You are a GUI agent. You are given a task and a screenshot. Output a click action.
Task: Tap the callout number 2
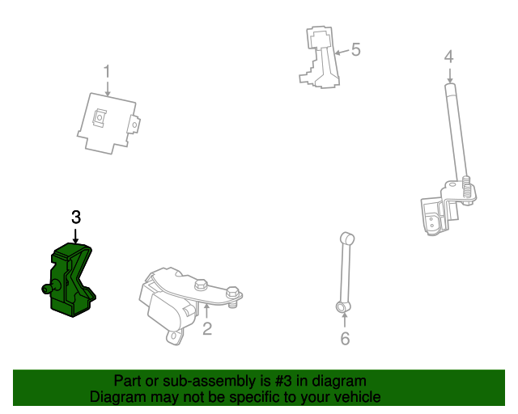pyautogui.click(x=207, y=329)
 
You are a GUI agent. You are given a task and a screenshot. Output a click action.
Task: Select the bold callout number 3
pyautogui.click(x=76, y=218)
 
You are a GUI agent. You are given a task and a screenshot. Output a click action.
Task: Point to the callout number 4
pyautogui.click(x=448, y=57)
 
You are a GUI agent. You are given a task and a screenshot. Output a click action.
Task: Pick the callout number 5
pyautogui.click(x=356, y=49)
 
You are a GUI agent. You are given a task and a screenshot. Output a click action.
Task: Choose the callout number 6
pyautogui.click(x=346, y=339)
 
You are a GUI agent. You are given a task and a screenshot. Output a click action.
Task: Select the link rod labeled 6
pyautogui.click(x=346, y=272)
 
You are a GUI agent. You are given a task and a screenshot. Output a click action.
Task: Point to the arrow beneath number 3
pyautogui.click(x=76, y=235)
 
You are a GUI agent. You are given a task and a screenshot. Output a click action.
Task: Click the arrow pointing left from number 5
pyautogui.click(x=342, y=52)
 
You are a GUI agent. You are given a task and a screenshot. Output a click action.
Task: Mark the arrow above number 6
pyautogui.click(x=345, y=320)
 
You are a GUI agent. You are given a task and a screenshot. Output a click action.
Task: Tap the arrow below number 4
pyautogui.click(x=449, y=75)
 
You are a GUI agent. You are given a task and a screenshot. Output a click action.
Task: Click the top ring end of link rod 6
pyautogui.click(x=347, y=238)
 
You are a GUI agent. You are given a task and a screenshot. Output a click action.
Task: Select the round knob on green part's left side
pyautogui.click(x=50, y=287)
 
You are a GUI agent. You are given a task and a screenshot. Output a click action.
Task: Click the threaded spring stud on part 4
pyautogui.click(x=466, y=190)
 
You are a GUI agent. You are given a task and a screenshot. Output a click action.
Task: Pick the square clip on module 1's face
pyautogui.click(x=100, y=117)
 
